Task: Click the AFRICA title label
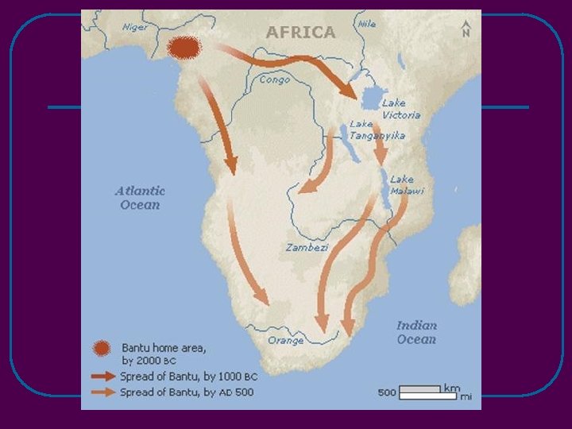pos(300,33)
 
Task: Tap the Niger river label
pos(135,27)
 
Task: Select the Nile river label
pos(367,24)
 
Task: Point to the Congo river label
pos(274,79)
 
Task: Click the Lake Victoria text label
pos(400,109)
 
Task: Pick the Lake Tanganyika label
pos(377,130)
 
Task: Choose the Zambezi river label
pos(306,248)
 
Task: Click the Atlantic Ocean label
pos(140,197)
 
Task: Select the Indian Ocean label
pos(416,332)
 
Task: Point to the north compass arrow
pos(466,30)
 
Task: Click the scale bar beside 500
pos(419,391)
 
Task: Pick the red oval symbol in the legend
pos(101,348)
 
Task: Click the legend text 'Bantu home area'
pos(163,348)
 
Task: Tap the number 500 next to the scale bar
pos(387,392)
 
